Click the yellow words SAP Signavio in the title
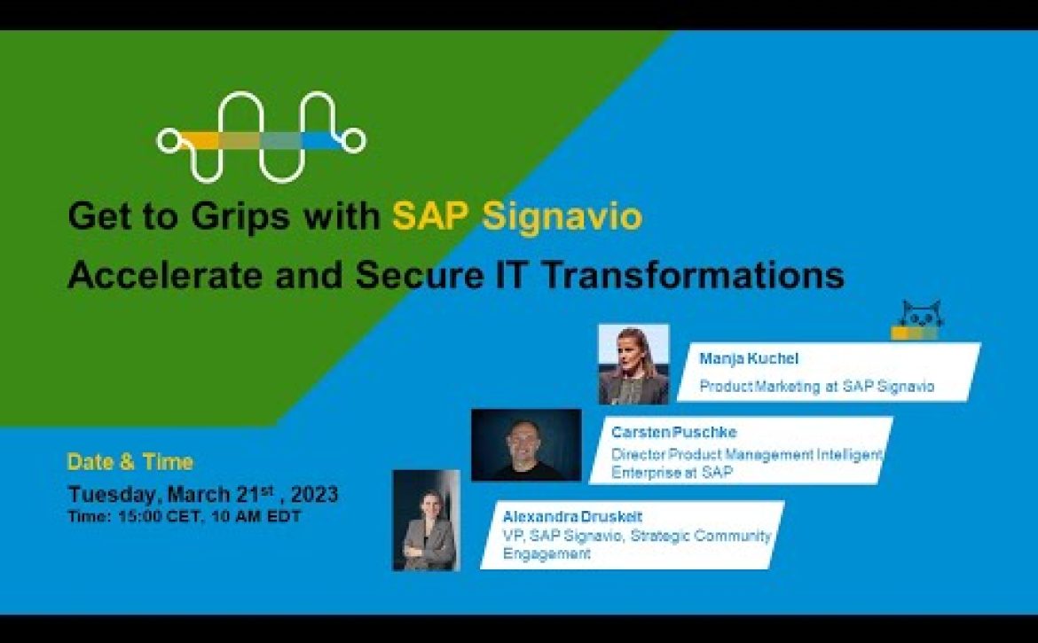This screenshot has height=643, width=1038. click(x=517, y=216)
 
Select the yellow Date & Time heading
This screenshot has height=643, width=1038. click(x=130, y=462)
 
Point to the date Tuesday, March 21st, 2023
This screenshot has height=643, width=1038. click(x=203, y=493)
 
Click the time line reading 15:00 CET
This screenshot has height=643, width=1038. click(x=185, y=517)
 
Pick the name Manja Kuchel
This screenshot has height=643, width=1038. click(x=749, y=358)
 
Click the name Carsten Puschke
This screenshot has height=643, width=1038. click(x=674, y=432)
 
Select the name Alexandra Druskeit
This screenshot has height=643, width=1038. click(x=572, y=516)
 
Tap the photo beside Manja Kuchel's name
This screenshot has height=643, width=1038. click(x=633, y=364)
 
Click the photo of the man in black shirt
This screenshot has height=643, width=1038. click(x=526, y=444)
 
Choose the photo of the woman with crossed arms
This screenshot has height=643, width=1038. click(x=427, y=520)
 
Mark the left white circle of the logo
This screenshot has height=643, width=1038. click(x=170, y=141)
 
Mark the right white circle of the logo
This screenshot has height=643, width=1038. click(x=353, y=140)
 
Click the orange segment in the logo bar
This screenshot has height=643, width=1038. click(x=200, y=140)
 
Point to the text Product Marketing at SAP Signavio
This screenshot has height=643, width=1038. click(x=817, y=387)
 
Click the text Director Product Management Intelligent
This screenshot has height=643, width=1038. click(x=747, y=454)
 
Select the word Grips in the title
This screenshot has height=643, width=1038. click(x=240, y=217)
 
